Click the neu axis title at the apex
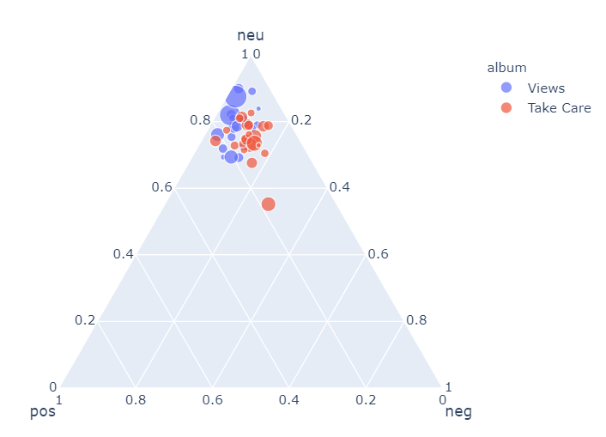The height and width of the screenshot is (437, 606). click(250, 35)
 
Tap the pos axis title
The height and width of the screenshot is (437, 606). click(43, 412)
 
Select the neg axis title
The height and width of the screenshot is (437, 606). click(458, 412)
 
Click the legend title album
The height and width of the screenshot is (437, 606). click(506, 67)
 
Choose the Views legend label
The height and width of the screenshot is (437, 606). click(546, 88)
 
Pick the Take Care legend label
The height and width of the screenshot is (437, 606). click(559, 108)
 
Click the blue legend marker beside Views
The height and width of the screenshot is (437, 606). click(506, 88)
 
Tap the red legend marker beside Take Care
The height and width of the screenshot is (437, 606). click(506, 108)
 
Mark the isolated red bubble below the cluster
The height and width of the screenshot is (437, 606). click(268, 203)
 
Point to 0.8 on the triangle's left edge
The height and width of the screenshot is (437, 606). click(199, 120)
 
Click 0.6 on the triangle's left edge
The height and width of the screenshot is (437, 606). click(161, 187)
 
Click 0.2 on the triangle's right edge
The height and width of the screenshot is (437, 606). click(300, 120)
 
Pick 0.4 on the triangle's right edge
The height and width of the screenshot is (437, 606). click(339, 187)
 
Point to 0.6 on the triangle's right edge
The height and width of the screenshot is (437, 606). click(378, 254)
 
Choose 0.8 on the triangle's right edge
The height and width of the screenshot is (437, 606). click(416, 320)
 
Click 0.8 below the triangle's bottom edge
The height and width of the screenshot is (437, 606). click(135, 399)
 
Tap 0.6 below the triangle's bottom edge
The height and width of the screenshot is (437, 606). click(212, 399)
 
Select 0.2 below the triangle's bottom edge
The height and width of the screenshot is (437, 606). click(366, 399)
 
